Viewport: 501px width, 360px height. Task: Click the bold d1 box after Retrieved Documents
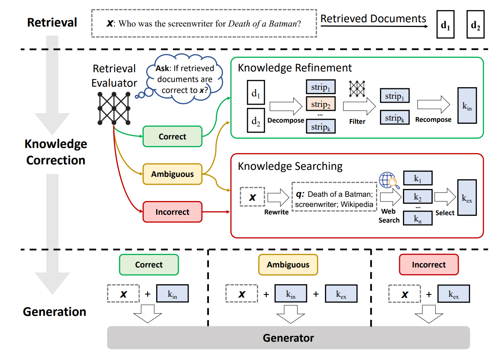pos(446,27)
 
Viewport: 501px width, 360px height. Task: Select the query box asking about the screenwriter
pos(204,23)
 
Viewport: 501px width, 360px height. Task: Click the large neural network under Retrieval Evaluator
pos(114,108)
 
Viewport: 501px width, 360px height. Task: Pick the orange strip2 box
pos(321,105)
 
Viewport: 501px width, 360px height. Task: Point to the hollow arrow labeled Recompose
pos(433,104)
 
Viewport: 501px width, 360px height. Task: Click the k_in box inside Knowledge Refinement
pos(467,105)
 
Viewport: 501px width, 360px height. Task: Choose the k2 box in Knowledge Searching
pos(417,196)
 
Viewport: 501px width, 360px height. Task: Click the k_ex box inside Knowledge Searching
pos(467,198)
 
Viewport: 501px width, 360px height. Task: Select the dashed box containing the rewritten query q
pos(334,196)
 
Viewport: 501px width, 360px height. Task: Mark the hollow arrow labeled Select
pos(444,196)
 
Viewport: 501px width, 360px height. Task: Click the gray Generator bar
pos(288,337)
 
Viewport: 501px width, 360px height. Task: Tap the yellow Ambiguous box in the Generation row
pos(288,265)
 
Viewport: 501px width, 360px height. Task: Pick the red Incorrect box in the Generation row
pos(429,265)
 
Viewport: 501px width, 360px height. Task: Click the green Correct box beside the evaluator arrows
pos(173,137)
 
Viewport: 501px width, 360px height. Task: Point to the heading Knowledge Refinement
pos(295,68)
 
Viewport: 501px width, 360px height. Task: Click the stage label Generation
pos(55,312)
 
